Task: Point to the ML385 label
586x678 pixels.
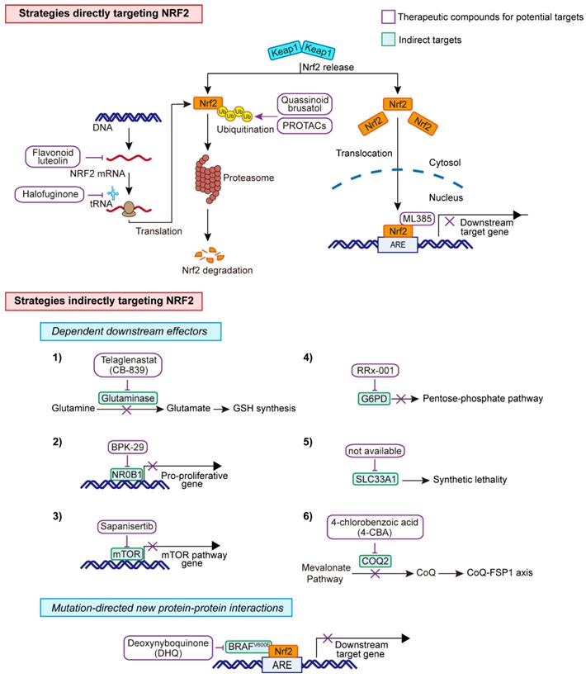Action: [418, 218]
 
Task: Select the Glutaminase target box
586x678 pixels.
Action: [127, 397]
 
